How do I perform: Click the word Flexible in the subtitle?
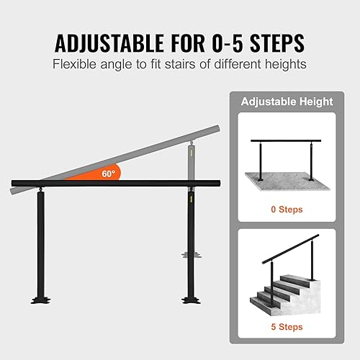pos(74,63)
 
